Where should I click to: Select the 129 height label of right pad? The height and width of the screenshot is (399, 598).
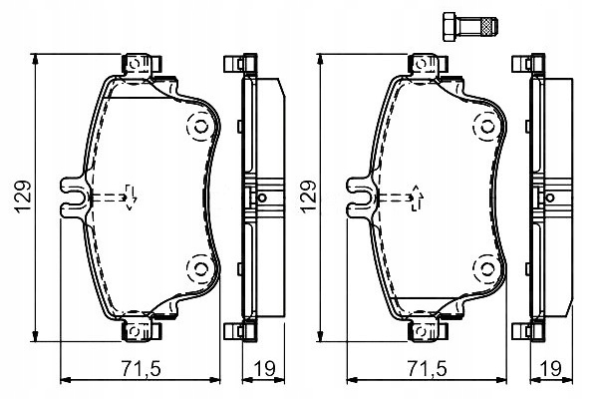(308, 197)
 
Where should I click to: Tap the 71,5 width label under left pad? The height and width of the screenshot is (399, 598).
(140, 367)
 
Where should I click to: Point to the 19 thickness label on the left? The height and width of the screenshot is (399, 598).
(264, 367)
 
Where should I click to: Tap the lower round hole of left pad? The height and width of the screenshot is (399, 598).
(198, 266)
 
